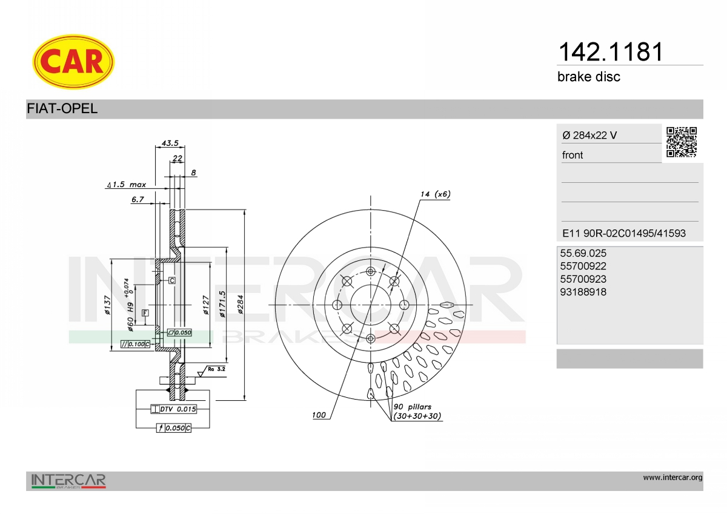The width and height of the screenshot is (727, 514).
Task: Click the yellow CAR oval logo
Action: [x=73, y=62]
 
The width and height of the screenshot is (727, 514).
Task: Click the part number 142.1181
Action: [x=611, y=52]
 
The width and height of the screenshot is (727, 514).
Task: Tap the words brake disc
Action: [x=589, y=77]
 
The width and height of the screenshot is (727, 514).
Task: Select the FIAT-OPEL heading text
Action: [x=62, y=108]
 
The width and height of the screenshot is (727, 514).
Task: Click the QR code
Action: [x=682, y=142]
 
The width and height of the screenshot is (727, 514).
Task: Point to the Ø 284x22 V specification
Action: [x=589, y=135]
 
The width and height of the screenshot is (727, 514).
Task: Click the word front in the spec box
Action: [x=573, y=155]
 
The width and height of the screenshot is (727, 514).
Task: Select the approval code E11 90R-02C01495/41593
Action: [x=624, y=233]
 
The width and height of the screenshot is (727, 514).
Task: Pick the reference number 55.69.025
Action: [x=583, y=253]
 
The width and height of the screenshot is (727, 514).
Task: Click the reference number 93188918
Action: [x=583, y=292]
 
